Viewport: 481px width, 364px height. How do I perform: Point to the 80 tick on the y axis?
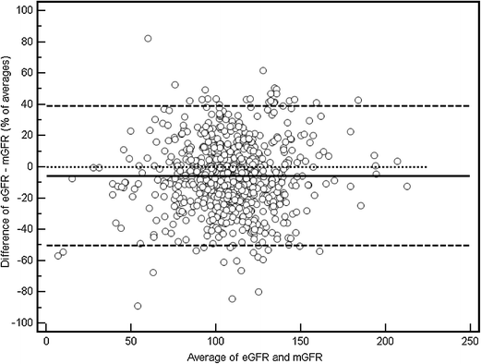click(30, 42)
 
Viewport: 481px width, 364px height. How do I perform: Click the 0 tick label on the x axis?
click(46, 339)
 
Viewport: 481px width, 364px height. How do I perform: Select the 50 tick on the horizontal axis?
click(130, 339)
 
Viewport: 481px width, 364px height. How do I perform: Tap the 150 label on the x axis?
click(300, 339)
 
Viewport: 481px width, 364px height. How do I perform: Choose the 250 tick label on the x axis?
click(469, 339)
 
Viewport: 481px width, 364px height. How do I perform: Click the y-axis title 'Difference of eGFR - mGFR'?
click(8, 166)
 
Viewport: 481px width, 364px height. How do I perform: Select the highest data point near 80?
click(148, 39)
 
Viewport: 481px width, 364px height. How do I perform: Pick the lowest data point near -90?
click(138, 306)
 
